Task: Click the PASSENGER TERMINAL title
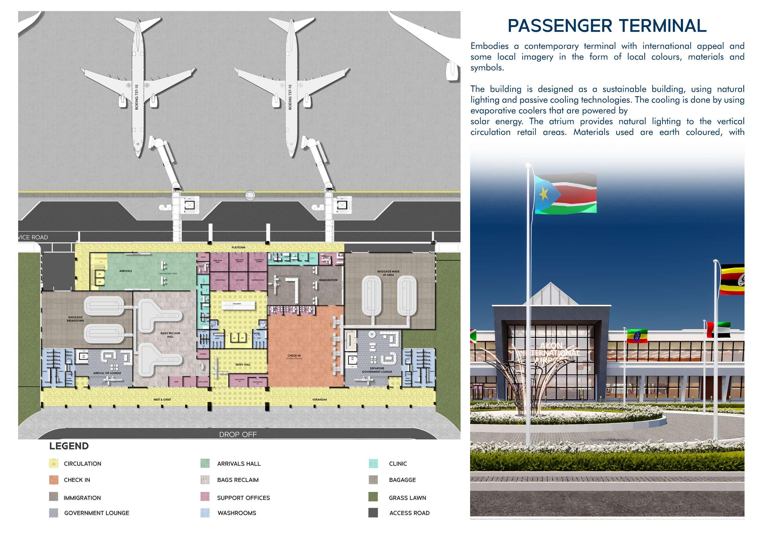click(607, 26)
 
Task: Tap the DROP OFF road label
click(238, 435)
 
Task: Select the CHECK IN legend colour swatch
click(54, 480)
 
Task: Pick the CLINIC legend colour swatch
click(373, 464)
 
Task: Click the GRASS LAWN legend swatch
click(373, 497)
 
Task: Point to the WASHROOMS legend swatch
click(205, 513)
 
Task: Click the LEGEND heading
click(69, 446)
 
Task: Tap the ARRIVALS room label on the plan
click(126, 271)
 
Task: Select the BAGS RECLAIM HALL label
click(170, 335)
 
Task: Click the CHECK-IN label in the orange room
click(294, 356)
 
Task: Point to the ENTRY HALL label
click(243, 364)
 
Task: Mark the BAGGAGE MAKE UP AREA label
click(388, 273)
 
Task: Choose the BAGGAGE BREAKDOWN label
click(75, 319)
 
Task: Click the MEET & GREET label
click(162, 399)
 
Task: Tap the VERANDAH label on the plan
click(319, 399)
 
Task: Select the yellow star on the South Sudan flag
click(544, 192)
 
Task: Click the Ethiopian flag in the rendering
click(637, 336)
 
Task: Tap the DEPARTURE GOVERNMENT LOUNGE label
click(377, 370)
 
